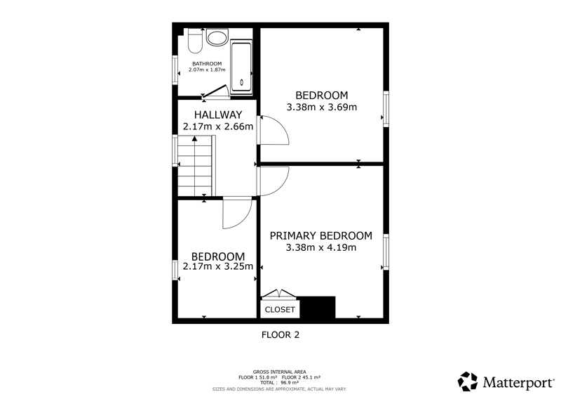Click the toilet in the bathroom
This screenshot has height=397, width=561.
[x=195, y=40]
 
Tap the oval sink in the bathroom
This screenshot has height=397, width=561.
[x=217, y=38]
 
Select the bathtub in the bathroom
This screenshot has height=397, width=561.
[x=241, y=67]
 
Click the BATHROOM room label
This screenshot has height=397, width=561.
[x=207, y=63]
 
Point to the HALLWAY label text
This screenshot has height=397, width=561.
[x=218, y=115]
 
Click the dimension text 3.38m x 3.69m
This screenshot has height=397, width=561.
[x=322, y=107]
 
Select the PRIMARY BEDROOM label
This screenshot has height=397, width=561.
[x=321, y=235]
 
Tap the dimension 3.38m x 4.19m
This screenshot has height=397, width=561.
[x=321, y=247]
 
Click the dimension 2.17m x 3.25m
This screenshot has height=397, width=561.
[x=218, y=266]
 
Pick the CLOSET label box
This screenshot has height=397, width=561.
[x=280, y=309]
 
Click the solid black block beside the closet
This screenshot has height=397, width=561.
[x=318, y=307]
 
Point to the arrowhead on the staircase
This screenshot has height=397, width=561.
[x=194, y=138]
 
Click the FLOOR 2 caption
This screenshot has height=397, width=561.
[x=280, y=335]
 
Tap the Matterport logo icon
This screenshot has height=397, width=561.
[x=468, y=382]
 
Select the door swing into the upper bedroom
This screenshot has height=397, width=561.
[x=274, y=130]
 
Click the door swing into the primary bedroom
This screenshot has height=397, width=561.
[x=274, y=181]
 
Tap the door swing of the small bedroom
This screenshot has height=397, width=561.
[x=237, y=214]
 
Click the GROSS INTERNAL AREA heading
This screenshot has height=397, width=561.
[x=279, y=372]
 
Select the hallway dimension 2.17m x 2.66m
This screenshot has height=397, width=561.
[x=218, y=126]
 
